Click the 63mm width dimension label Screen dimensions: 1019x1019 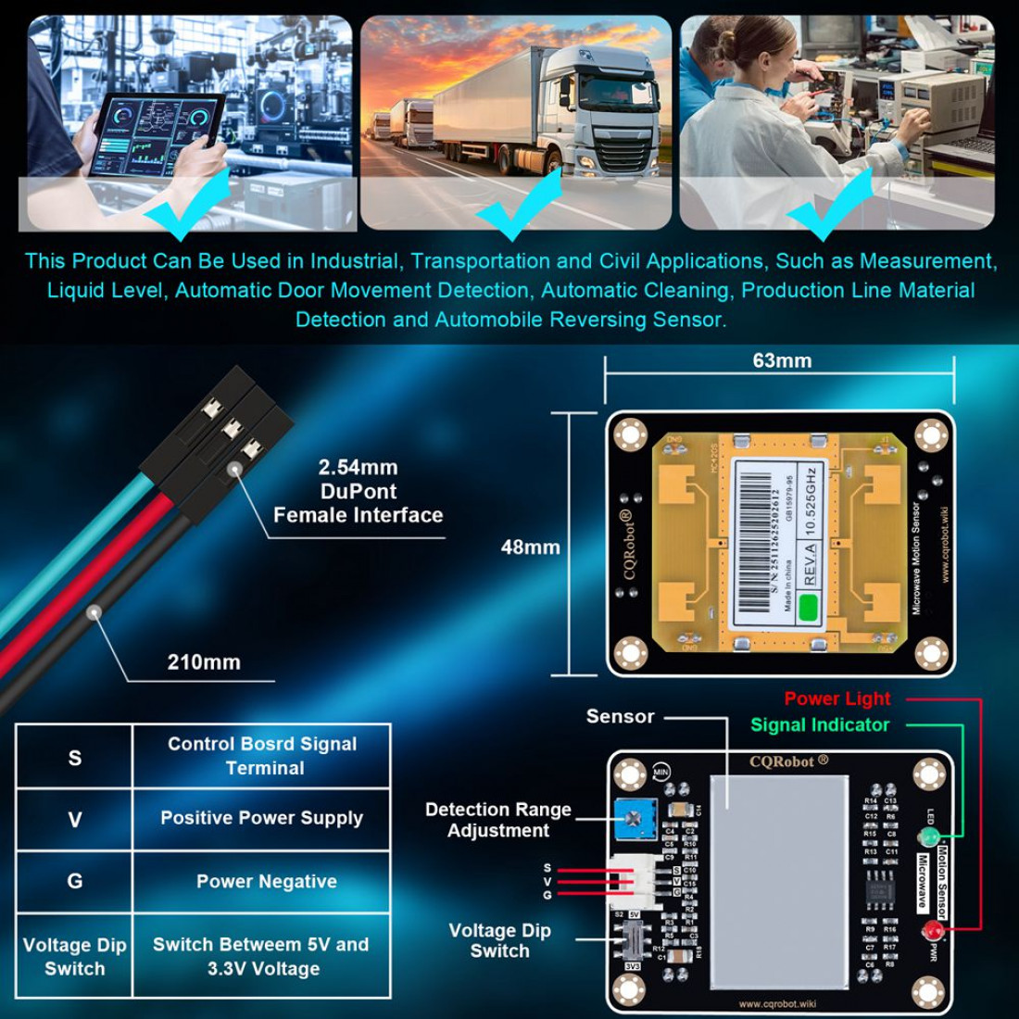[x=782, y=361]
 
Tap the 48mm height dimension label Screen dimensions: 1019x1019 [x=530, y=547]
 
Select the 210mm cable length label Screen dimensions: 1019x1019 [x=204, y=662]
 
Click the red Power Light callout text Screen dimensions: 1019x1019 [x=837, y=699]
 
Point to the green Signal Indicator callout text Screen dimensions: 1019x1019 [x=820, y=725]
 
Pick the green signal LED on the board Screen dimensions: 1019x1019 [x=927, y=838]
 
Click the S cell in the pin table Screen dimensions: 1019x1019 [x=75, y=758]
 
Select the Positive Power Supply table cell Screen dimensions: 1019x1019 [x=261, y=819]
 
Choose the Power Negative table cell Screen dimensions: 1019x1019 [x=266, y=882]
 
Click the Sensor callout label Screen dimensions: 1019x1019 [x=620, y=717]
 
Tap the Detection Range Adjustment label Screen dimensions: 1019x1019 [x=498, y=820]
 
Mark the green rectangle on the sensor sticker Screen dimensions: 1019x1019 [x=808, y=608]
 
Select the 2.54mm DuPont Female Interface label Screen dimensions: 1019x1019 [x=358, y=492]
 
